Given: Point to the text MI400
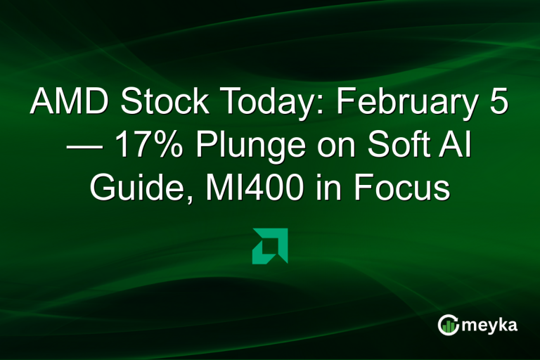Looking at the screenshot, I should pos(256,188).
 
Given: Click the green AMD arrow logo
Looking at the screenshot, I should pos(270,246).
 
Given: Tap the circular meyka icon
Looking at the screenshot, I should pos(448,325).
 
